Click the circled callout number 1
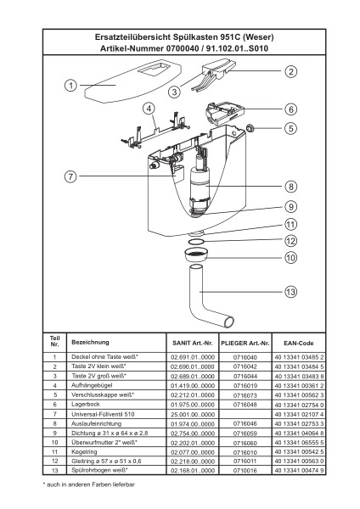click(70, 86)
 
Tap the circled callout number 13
click(290, 292)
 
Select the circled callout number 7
click(70, 176)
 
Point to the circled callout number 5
click(290, 128)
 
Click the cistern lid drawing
click(132, 81)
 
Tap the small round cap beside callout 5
click(250, 128)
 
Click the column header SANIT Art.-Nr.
click(193, 343)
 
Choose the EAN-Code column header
click(298, 343)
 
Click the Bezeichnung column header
click(90, 342)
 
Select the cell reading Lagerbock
click(86, 404)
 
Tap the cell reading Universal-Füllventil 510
click(103, 414)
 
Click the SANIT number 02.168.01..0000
click(193, 470)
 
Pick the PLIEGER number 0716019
click(245, 386)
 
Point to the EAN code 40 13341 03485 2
click(299, 357)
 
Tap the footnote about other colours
click(88, 484)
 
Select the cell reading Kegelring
click(84, 451)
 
